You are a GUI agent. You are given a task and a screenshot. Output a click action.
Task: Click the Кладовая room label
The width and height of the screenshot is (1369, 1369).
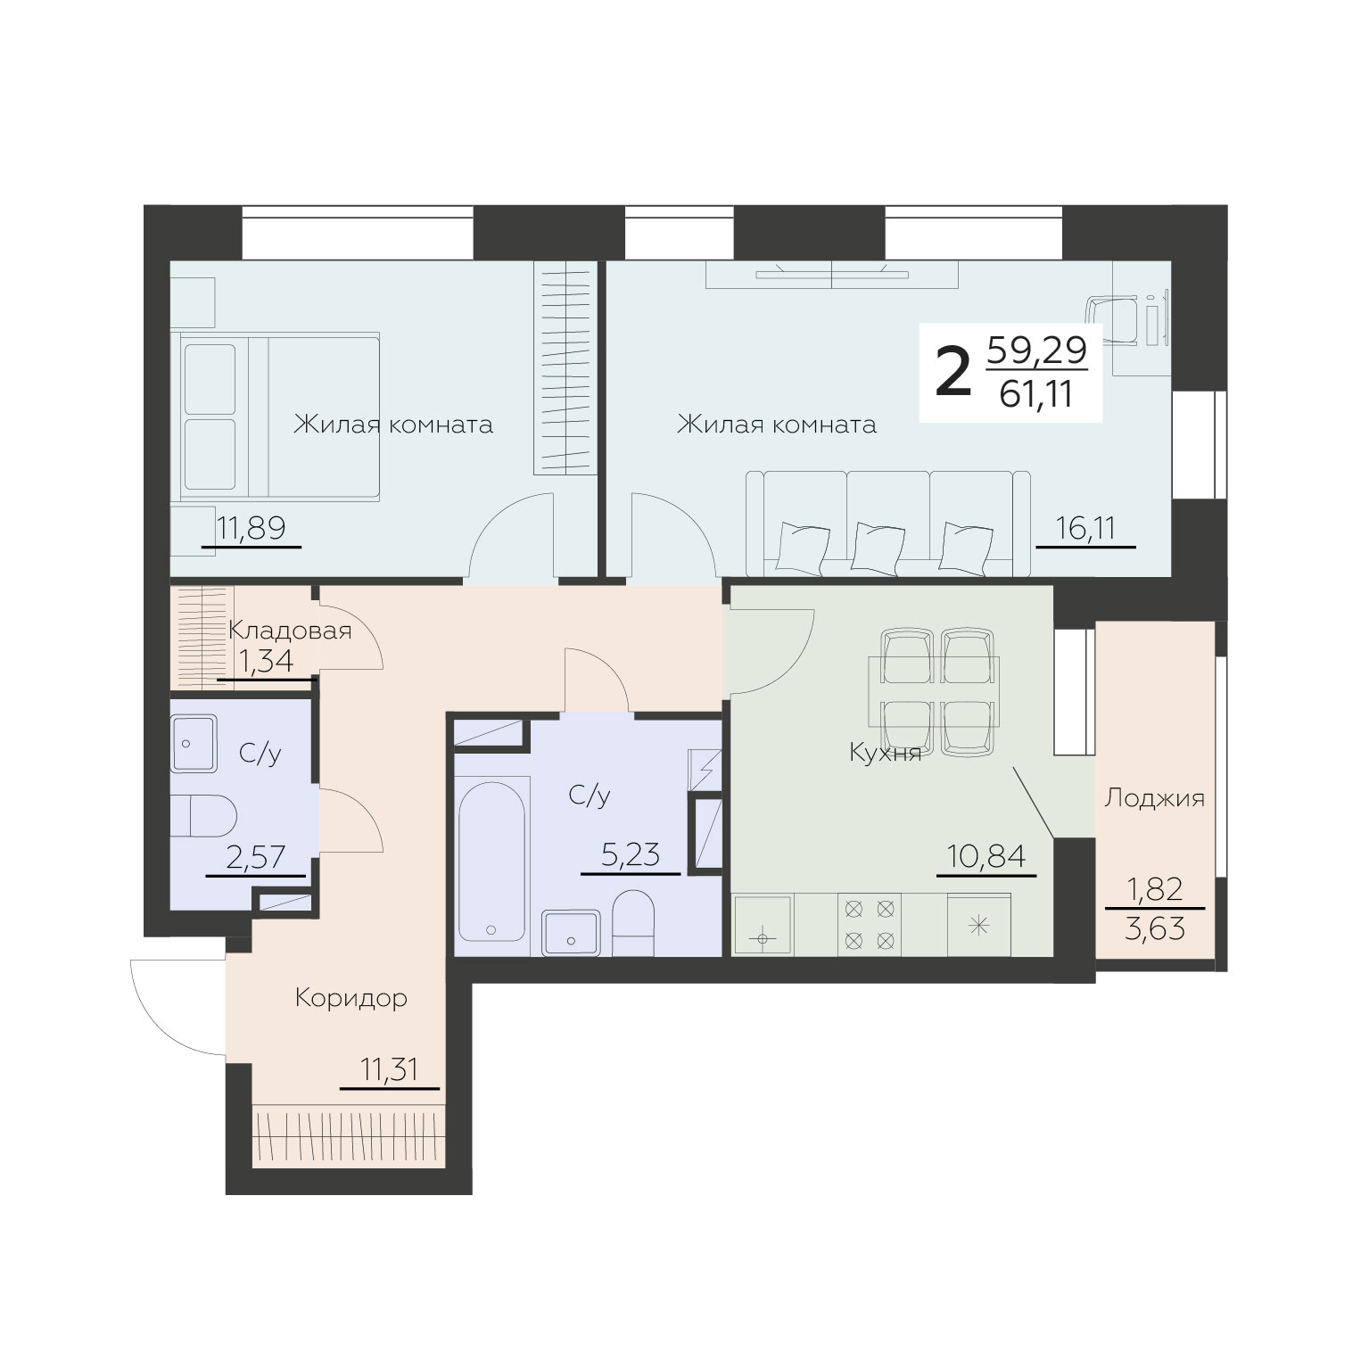(x=290, y=631)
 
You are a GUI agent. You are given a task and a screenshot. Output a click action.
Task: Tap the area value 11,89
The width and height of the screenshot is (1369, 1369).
(x=250, y=528)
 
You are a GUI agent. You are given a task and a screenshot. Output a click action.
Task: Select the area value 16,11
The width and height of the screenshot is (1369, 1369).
(x=1085, y=528)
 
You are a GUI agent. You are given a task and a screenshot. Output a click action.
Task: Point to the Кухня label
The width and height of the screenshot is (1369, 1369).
(x=885, y=754)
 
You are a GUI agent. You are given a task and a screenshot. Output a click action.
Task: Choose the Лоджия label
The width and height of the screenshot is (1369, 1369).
(x=1155, y=798)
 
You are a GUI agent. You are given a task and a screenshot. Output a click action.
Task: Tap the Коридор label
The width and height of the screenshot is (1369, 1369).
(x=351, y=998)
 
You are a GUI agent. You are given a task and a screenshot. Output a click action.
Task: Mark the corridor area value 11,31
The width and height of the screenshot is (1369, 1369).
(x=390, y=1068)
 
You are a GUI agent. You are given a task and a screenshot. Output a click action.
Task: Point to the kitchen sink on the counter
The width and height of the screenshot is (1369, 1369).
(x=763, y=925)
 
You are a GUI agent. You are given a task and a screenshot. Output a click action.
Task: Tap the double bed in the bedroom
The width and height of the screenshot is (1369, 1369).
(x=280, y=415)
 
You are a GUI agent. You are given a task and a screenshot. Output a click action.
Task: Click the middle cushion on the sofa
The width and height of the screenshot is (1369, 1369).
(x=874, y=545)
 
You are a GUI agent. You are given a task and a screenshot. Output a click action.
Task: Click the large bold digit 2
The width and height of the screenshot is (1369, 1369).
(x=953, y=375)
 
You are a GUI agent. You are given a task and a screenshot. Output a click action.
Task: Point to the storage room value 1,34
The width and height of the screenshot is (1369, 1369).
(x=265, y=661)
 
